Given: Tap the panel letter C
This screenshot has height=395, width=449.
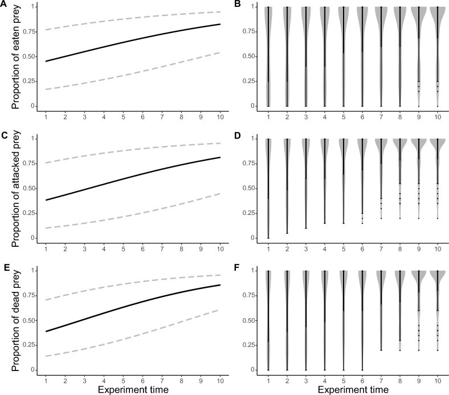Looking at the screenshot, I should point(4,136).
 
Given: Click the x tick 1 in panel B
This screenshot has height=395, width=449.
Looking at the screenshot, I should point(268,116).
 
